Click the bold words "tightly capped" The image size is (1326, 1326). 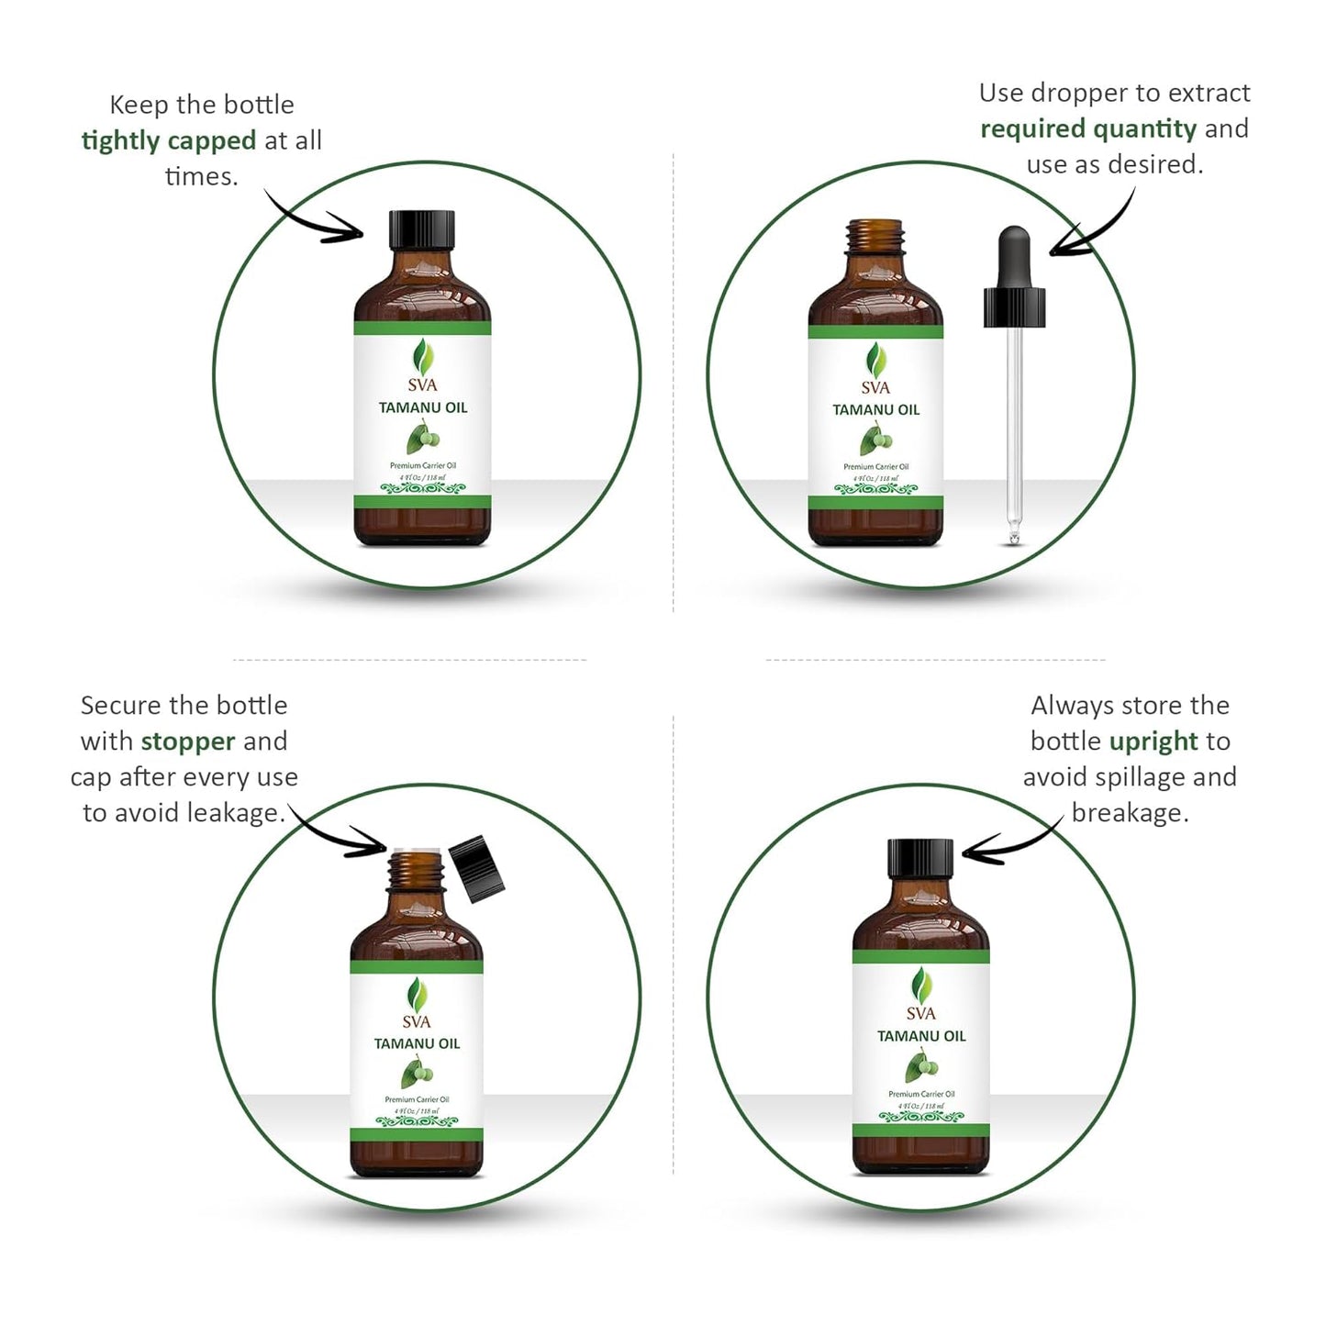point(169,140)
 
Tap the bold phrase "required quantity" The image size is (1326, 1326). point(1088,128)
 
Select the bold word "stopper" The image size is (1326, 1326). point(188,741)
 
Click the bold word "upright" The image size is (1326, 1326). point(1153,741)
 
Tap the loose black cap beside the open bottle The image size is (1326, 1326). point(480,865)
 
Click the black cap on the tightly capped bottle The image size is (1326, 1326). point(422,229)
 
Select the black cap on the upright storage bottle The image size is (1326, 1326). point(920,858)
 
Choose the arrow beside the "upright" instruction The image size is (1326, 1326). point(1009,844)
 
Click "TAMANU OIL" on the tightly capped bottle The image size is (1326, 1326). point(423,407)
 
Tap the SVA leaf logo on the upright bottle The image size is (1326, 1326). point(920,987)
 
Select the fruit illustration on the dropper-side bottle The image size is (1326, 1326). point(875,440)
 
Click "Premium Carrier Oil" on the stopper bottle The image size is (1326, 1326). point(417,1099)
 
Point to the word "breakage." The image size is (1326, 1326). point(1130,813)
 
